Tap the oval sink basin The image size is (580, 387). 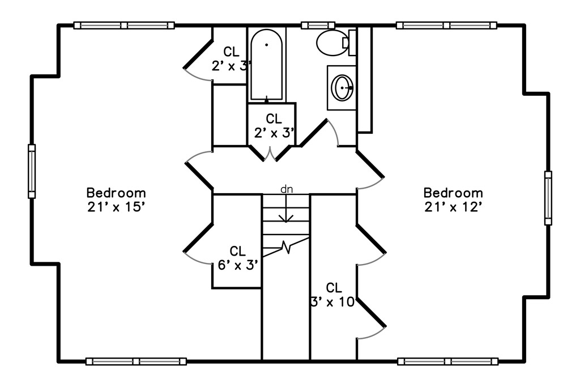pos(342,88)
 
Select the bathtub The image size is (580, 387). pos(266,65)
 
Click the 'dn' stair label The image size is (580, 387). pos(287,189)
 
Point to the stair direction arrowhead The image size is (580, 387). pos(286,218)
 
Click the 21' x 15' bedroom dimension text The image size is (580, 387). pos(116,207)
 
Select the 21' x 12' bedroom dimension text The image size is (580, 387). pos(453,207)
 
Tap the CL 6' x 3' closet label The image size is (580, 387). pos(237,258)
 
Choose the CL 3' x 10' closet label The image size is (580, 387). pos(332,295)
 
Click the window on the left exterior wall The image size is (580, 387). pos(32,171)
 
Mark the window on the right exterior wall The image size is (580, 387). pos(548,198)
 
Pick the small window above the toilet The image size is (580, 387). pos(318,25)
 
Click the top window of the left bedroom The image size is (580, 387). pos(124,25)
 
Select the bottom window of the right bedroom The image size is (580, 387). pos(447,361)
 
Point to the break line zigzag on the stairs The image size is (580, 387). pos(286,247)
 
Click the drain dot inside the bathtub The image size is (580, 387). pos(266,45)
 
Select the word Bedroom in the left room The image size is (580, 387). pos(116,193)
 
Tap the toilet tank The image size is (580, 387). pos(352,43)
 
